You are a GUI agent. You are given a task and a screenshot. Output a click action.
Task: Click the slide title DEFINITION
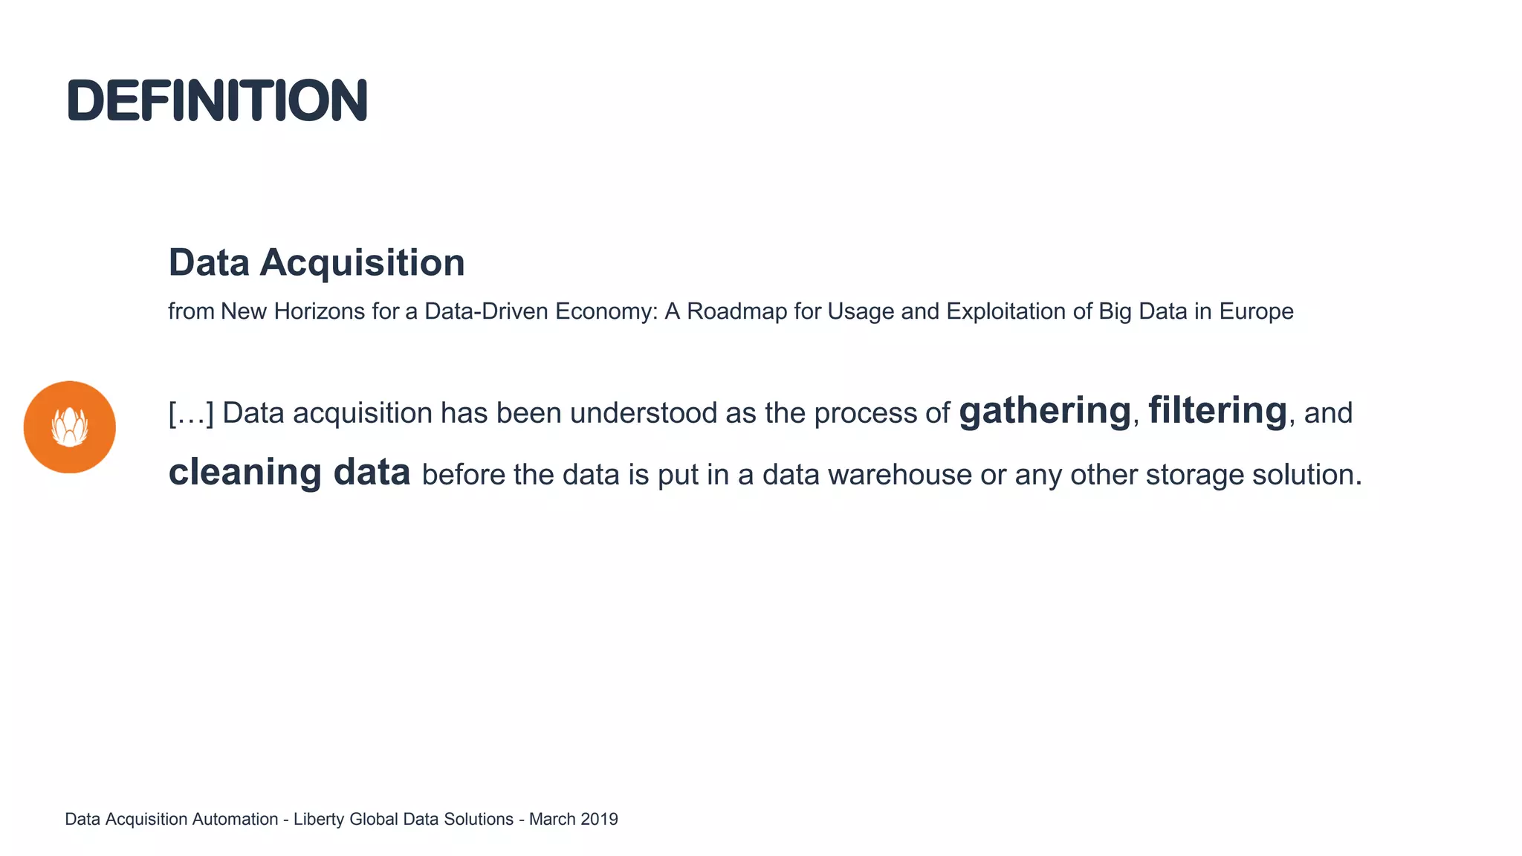[217, 100]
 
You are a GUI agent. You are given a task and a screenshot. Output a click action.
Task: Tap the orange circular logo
[70, 427]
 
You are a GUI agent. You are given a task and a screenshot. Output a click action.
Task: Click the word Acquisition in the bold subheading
[362, 263]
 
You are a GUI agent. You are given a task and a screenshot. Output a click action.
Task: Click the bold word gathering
[1045, 412]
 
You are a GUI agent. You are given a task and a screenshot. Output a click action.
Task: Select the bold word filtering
[1217, 411]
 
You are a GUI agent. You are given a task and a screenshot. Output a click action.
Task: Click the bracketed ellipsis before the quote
[191, 413]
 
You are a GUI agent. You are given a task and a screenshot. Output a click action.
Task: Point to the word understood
[644, 413]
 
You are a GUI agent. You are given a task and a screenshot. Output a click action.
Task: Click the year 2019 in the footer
[599, 820]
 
